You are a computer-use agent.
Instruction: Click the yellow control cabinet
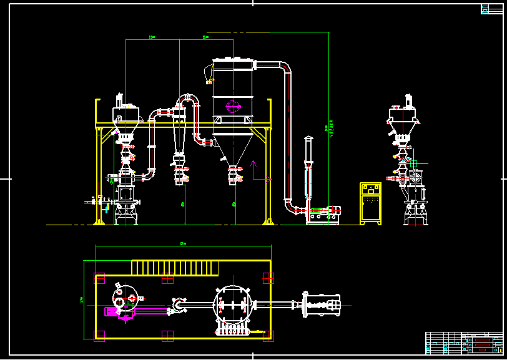[x=370, y=203]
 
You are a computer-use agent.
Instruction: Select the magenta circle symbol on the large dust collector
[x=232, y=106]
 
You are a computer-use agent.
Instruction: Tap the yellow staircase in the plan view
[x=175, y=268]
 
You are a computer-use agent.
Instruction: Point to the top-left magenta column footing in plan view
[x=99, y=278]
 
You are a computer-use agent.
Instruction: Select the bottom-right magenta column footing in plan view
[x=268, y=335]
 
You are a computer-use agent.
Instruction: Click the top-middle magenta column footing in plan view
[x=167, y=278]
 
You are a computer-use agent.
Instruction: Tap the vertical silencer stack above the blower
[x=308, y=168]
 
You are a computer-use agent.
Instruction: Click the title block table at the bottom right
[x=464, y=343]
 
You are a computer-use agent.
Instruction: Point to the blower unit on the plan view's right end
[x=321, y=305]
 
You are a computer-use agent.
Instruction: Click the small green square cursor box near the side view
[x=413, y=163]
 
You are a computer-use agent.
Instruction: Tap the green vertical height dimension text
[x=332, y=128]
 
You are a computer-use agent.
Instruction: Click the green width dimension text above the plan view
[x=183, y=243]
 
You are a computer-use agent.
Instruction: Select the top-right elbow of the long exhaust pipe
[x=285, y=68]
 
